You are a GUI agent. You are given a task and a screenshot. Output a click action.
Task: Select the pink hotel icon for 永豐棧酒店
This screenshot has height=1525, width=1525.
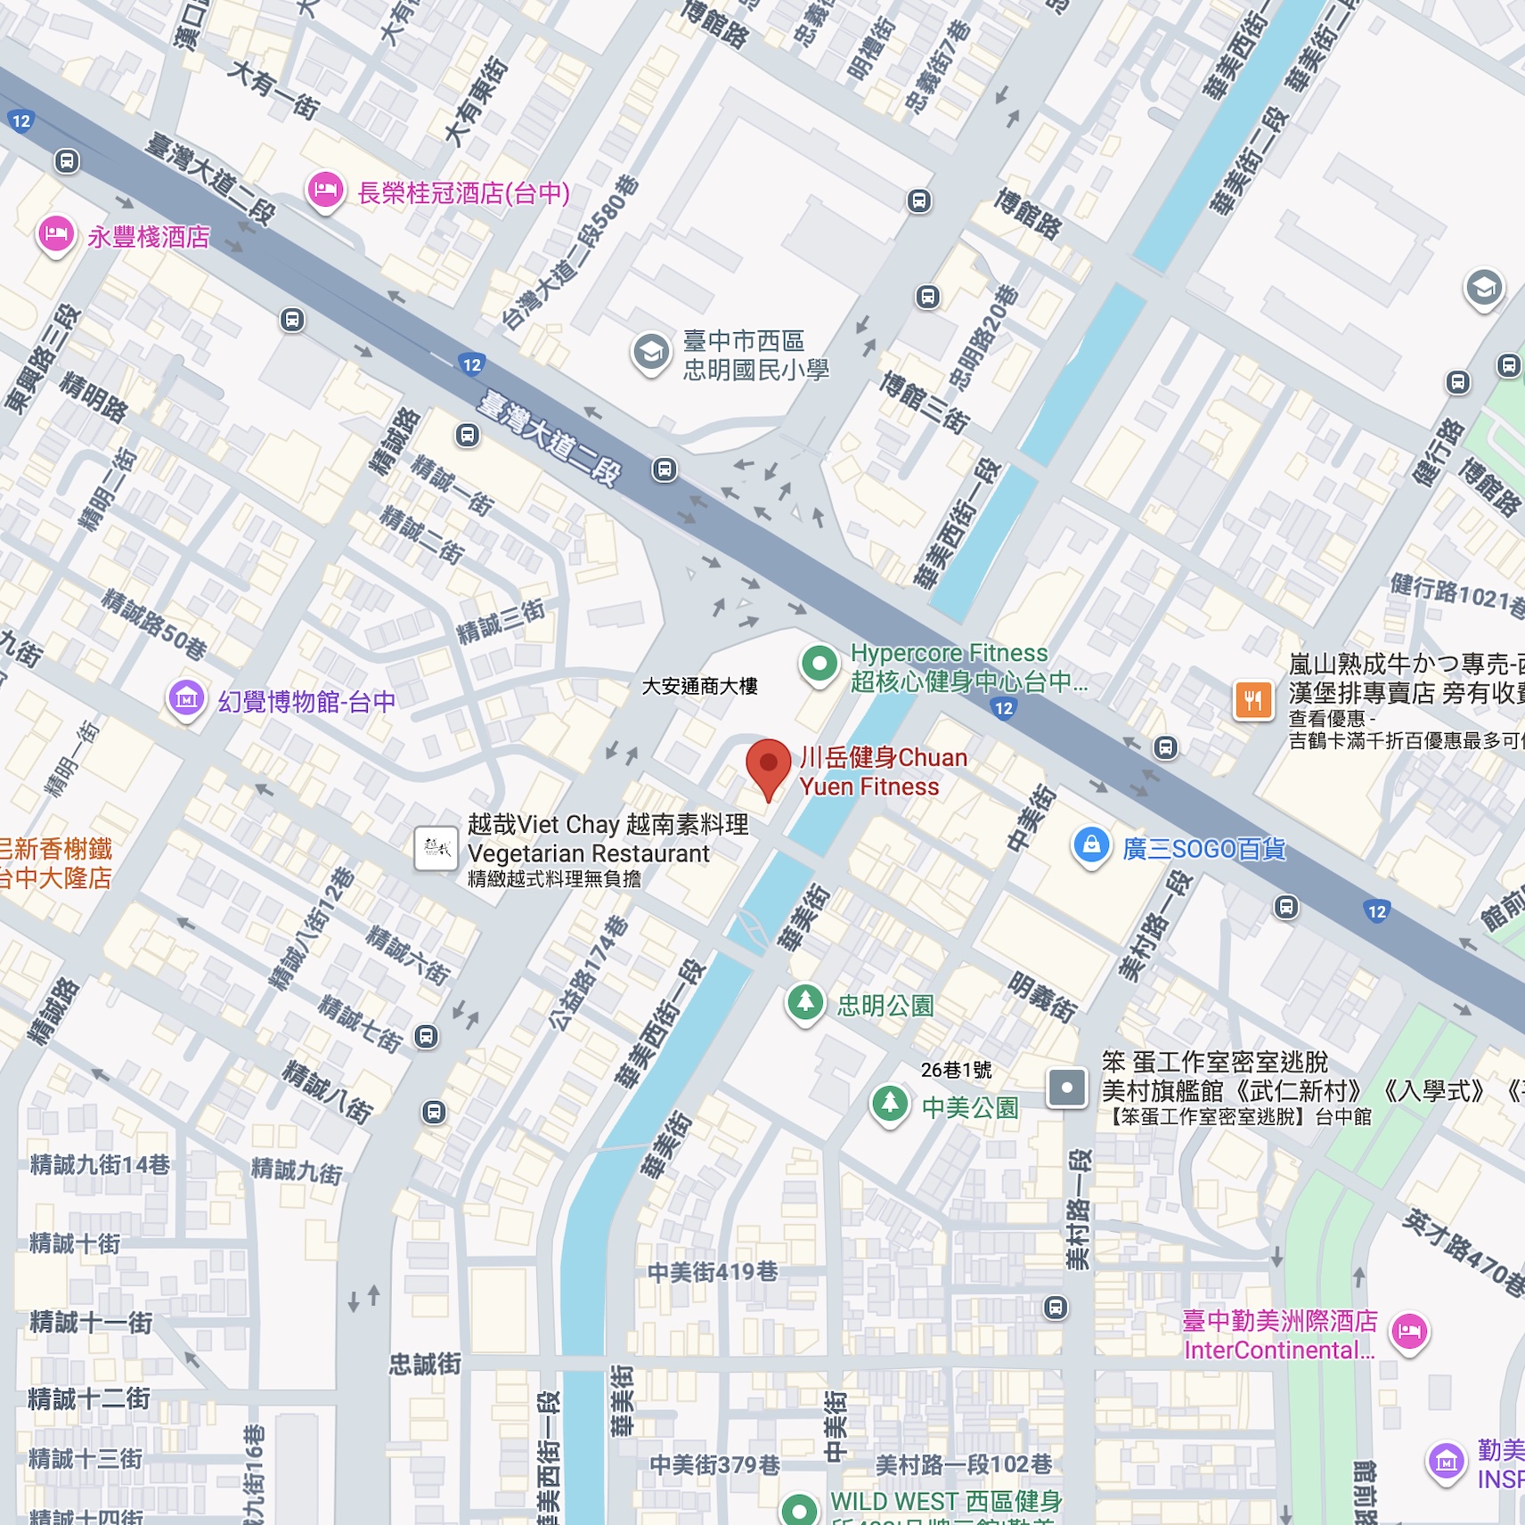[x=56, y=235]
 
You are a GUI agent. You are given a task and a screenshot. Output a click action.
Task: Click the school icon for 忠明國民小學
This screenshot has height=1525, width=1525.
[x=651, y=353]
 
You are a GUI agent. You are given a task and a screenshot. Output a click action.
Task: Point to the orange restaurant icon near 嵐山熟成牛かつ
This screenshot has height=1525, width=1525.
[x=1252, y=700]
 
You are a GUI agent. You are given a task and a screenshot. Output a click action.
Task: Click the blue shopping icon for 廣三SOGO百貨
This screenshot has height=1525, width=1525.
[x=1091, y=845]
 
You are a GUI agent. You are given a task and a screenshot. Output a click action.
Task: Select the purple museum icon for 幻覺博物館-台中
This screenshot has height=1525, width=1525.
[x=186, y=700]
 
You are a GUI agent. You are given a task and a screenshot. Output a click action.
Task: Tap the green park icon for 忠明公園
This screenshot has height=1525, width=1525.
[x=805, y=1003]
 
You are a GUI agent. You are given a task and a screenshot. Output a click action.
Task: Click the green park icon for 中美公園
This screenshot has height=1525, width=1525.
[x=889, y=1105]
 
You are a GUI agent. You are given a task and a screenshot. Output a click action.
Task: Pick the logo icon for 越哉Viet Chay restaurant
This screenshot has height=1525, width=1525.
[x=436, y=848]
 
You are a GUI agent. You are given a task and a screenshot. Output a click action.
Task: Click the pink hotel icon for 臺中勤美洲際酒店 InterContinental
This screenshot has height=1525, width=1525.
[x=1409, y=1333]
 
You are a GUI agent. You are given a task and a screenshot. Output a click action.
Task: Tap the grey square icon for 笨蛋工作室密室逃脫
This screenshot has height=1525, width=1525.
[x=1066, y=1088]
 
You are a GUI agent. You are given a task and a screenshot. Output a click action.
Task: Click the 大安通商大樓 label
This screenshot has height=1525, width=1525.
[x=699, y=686]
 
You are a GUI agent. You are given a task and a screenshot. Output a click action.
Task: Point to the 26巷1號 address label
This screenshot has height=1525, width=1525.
[x=956, y=1070]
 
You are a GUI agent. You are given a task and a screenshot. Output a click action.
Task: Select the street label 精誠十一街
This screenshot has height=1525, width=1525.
[x=91, y=1322]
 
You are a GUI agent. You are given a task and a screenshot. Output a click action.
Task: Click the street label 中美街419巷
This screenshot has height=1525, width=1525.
[x=713, y=1272]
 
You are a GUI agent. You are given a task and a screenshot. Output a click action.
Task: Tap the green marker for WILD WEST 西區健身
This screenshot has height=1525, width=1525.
[x=799, y=1509]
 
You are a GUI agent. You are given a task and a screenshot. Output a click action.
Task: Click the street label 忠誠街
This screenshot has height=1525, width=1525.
[x=425, y=1364]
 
